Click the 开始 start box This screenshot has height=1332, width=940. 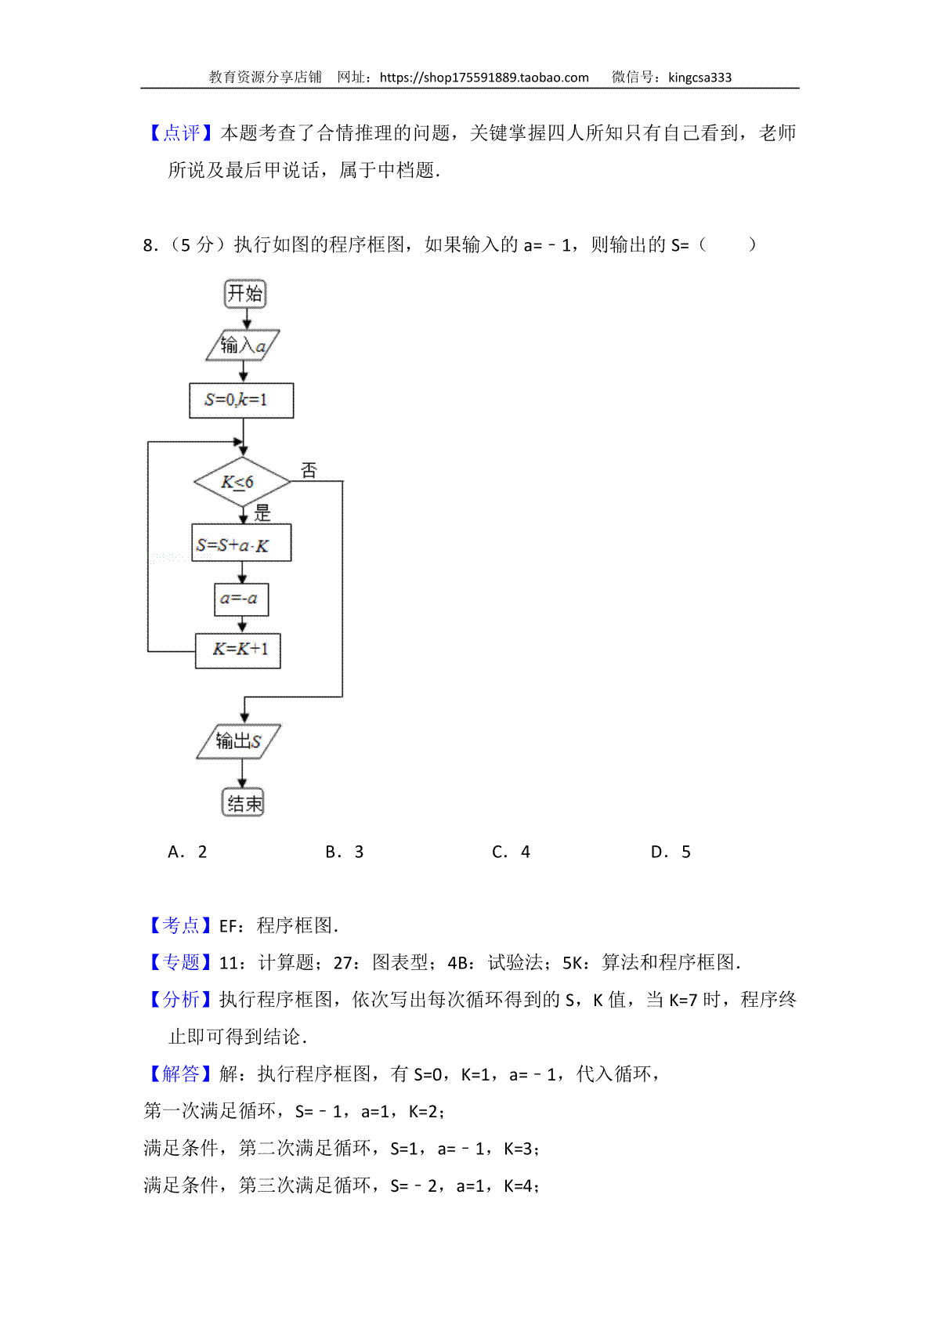pos(245,294)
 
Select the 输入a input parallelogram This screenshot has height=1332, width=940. pos(243,345)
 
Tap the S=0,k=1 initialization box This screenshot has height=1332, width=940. pos(241,400)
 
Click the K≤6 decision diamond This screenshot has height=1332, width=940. pos(242,482)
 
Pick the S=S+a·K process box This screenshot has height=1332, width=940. pos(241,542)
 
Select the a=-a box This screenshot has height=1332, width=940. pos(241,599)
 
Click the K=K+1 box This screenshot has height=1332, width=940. pos(238,650)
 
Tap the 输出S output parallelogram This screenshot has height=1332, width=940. pos(238,741)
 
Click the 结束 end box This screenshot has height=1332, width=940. pos(243,803)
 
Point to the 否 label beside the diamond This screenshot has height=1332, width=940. pos(309,470)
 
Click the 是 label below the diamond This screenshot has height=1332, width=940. pos(262,512)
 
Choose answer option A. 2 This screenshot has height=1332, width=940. pos(187,852)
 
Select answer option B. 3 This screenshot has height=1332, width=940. pos(344,852)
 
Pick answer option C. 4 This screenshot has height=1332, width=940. pos(511,852)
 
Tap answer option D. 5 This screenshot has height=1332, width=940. pos(671,852)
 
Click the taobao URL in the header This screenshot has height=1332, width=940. pos(484,78)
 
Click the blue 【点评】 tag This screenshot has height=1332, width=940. pos(181,132)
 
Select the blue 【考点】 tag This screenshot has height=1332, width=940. pos(181,925)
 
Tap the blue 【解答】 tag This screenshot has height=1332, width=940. pos(181,1074)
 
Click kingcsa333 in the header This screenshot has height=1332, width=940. pos(700,78)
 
